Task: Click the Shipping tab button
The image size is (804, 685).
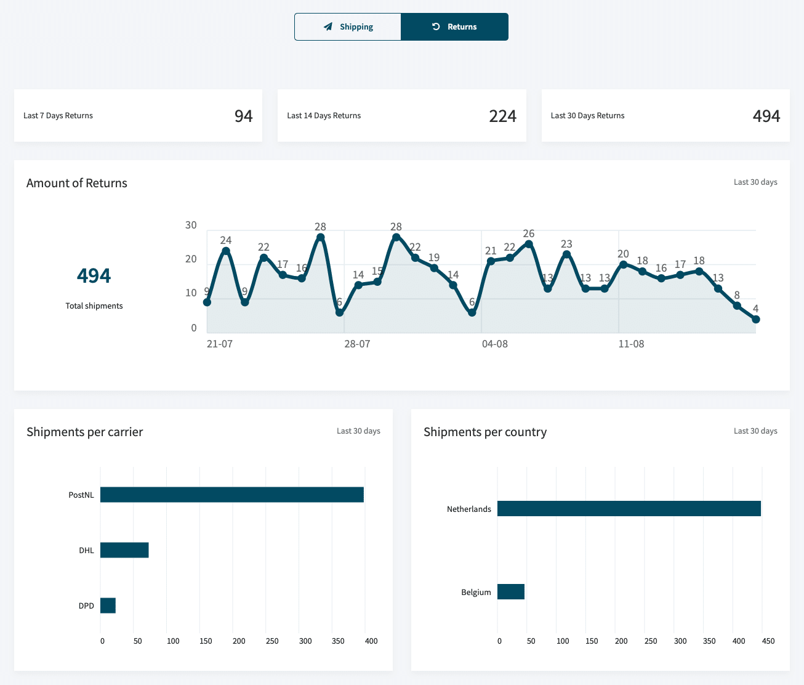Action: [348, 27]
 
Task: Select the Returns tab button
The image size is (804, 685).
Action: [454, 27]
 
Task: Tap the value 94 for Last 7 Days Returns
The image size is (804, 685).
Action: [243, 116]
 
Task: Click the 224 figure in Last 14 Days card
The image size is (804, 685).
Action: [502, 116]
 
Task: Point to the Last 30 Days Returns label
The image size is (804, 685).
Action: [587, 116]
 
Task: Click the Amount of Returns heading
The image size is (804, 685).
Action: [77, 183]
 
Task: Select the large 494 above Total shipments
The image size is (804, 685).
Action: [94, 275]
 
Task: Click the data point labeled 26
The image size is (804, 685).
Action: [529, 244]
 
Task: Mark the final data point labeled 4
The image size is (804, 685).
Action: [756, 319]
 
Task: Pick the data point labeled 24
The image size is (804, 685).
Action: [226, 251]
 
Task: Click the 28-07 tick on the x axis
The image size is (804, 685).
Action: [357, 344]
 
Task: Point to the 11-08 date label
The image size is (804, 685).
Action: [631, 344]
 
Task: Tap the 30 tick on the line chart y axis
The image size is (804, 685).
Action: [191, 225]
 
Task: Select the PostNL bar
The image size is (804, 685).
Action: [232, 495]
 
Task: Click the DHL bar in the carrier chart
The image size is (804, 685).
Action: [124, 550]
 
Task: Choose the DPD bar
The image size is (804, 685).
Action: [108, 606]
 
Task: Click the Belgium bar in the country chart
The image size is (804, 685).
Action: [511, 592]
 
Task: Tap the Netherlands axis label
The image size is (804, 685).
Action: [468, 509]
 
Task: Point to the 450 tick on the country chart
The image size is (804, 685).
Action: [768, 641]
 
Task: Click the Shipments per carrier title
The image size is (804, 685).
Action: [84, 432]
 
